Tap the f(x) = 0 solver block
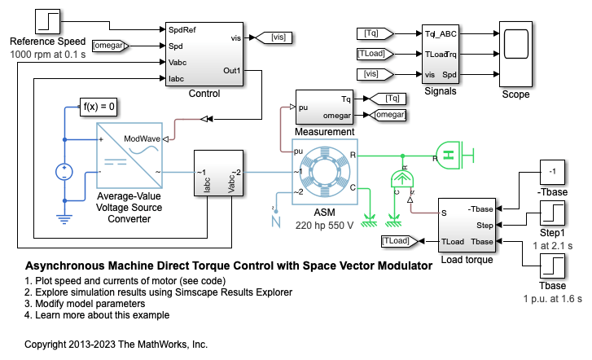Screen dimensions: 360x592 pyautogui.click(x=100, y=106)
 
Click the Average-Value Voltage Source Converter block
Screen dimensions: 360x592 pyautogui.click(x=129, y=156)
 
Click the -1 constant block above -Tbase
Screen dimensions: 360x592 pyautogui.click(x=553, y=173)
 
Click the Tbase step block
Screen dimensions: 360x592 pyautogui.click(x=553, y=270)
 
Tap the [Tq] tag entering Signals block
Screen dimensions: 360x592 pyautogui.click(x=375, y=34)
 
